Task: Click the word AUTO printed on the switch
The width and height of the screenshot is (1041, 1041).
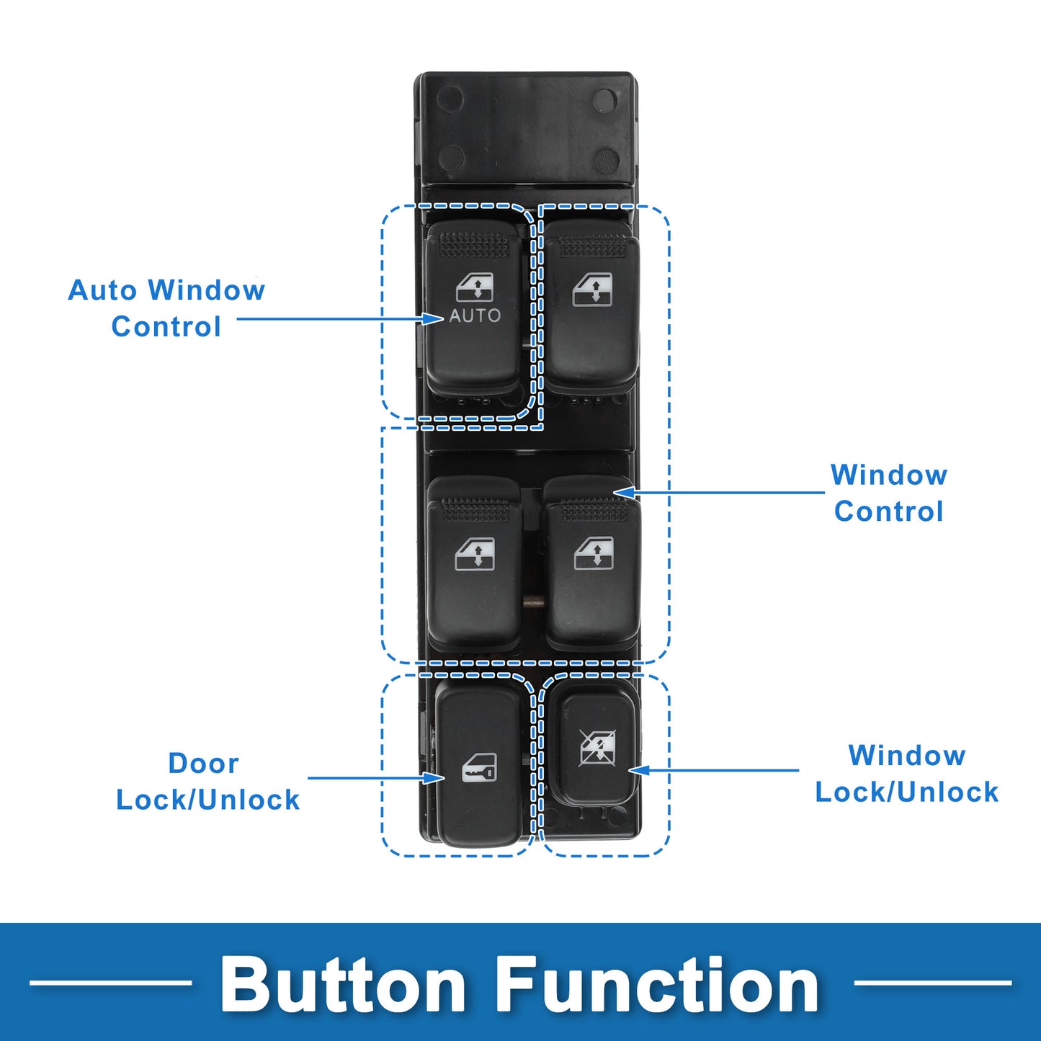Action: point(475,316)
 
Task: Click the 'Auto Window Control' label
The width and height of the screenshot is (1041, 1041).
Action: point(166,308)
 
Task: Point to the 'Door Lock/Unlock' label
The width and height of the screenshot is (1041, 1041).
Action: point(207,782)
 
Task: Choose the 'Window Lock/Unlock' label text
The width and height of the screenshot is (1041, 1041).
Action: point(906,774)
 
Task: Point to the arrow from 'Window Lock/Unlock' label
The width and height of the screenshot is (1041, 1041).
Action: point(714,770)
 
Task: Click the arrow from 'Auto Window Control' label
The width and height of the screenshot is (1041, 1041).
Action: point(340,318)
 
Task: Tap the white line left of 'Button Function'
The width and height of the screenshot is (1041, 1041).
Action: point(110,983)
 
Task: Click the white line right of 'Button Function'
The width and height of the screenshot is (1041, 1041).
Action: point(932,983)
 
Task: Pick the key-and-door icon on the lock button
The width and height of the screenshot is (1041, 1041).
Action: point(478,768)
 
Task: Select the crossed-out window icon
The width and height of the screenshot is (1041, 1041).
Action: point(597,748)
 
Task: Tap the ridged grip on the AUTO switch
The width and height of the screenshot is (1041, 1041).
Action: point(475,244)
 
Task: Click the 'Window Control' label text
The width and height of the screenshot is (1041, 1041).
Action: point(889,493)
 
